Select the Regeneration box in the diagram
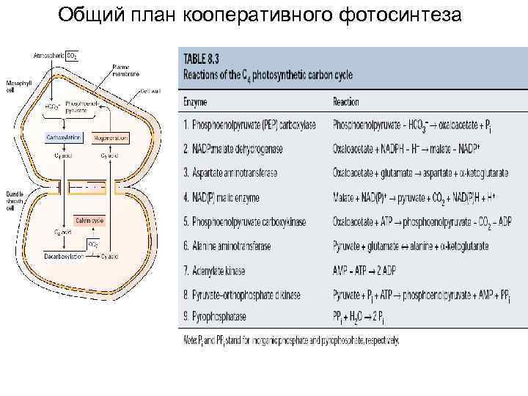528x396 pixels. click(110, 137)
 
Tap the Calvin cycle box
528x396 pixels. click(89, 219)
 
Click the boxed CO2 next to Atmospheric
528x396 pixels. click(71, 55)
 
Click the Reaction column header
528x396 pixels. click(346, 102)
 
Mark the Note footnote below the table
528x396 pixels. click(290, 342)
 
